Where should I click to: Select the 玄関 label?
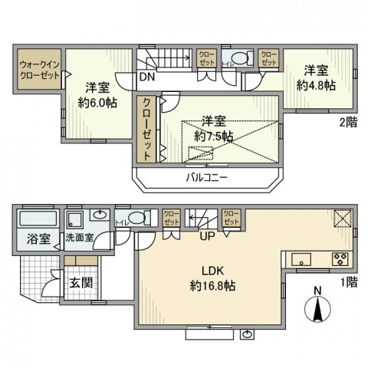(x=82, y=281)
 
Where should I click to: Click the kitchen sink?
(x=301, y=258)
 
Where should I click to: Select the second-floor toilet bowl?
(x=240, y=58)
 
